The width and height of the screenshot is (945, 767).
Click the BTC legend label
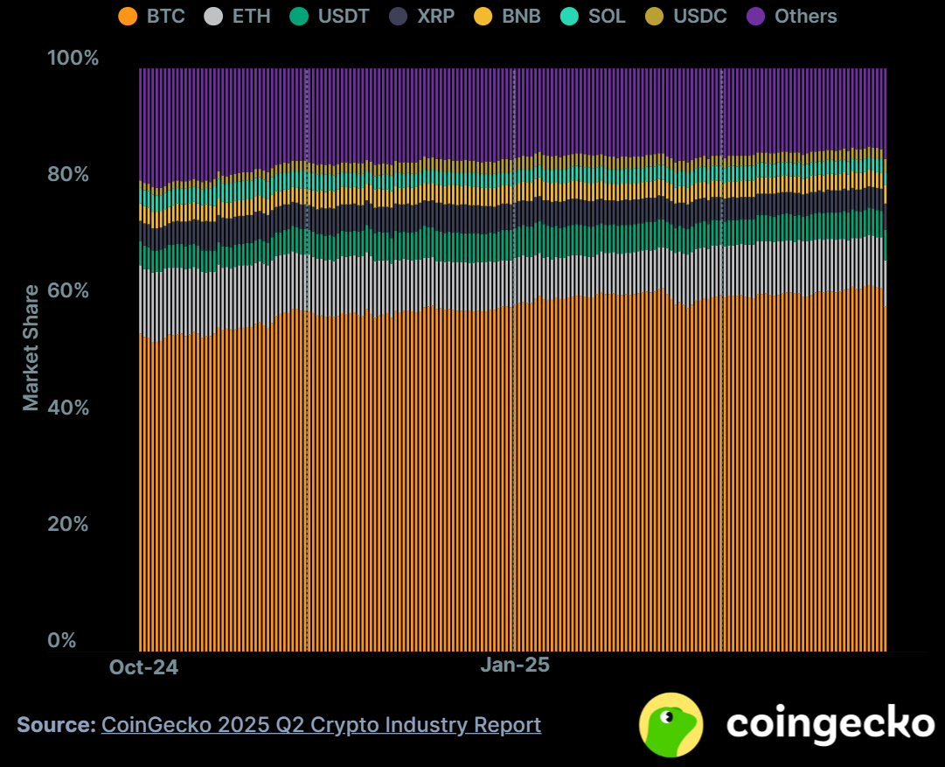click(x=165, y=16)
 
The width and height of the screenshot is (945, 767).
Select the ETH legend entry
click(x=252, y=16)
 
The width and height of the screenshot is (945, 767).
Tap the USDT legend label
click(x=344, y=16)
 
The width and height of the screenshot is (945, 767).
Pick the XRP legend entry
click(x=436, y=16)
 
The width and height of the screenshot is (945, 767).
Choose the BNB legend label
click(x=522, y=16)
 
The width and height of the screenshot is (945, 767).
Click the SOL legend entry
click(x=607, y=16)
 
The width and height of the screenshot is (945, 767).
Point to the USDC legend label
click(x=699, y=16)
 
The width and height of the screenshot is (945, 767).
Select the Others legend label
click(x=805, y=16)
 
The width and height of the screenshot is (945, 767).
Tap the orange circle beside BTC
click(x=129, y=16)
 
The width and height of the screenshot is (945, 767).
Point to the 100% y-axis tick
click(x=73, y=59)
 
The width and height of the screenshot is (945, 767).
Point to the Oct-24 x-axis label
click(x=143, y=667)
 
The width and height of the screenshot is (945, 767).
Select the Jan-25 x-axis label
click(x=515, y=665)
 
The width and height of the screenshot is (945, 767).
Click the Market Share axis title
click(x=31, y=347)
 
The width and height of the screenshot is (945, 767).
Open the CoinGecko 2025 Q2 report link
click(x=321, y=725)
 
